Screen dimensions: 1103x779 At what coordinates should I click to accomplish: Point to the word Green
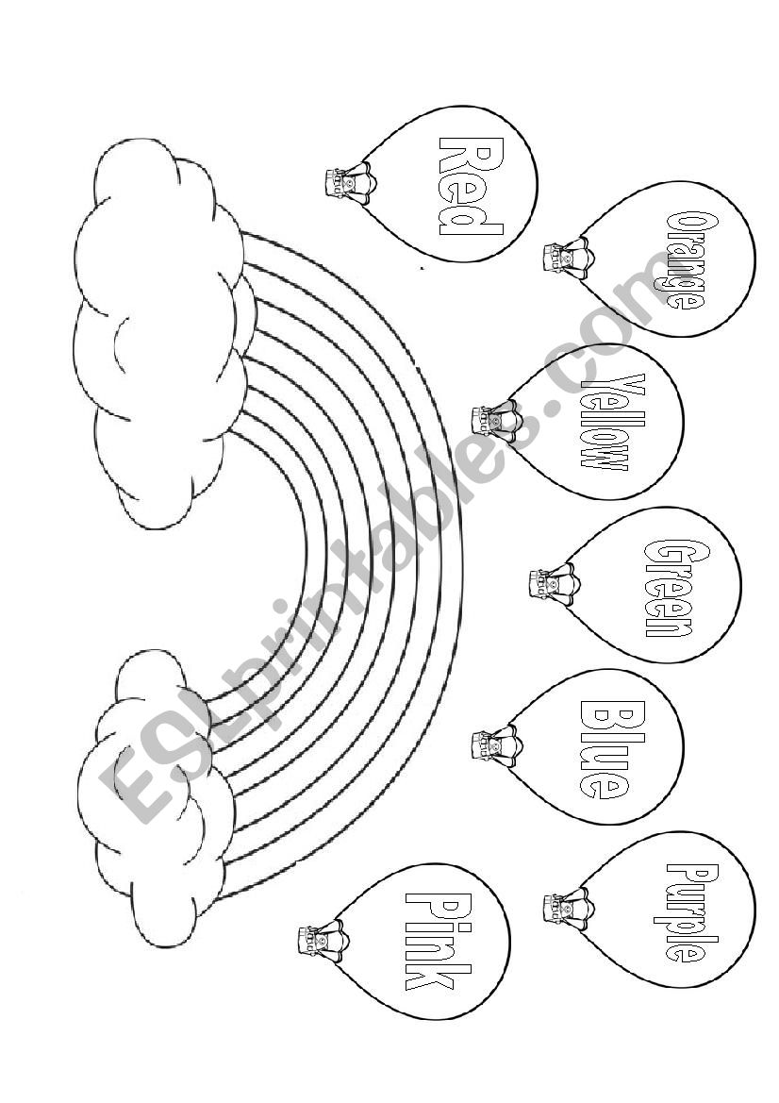(672, 587)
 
